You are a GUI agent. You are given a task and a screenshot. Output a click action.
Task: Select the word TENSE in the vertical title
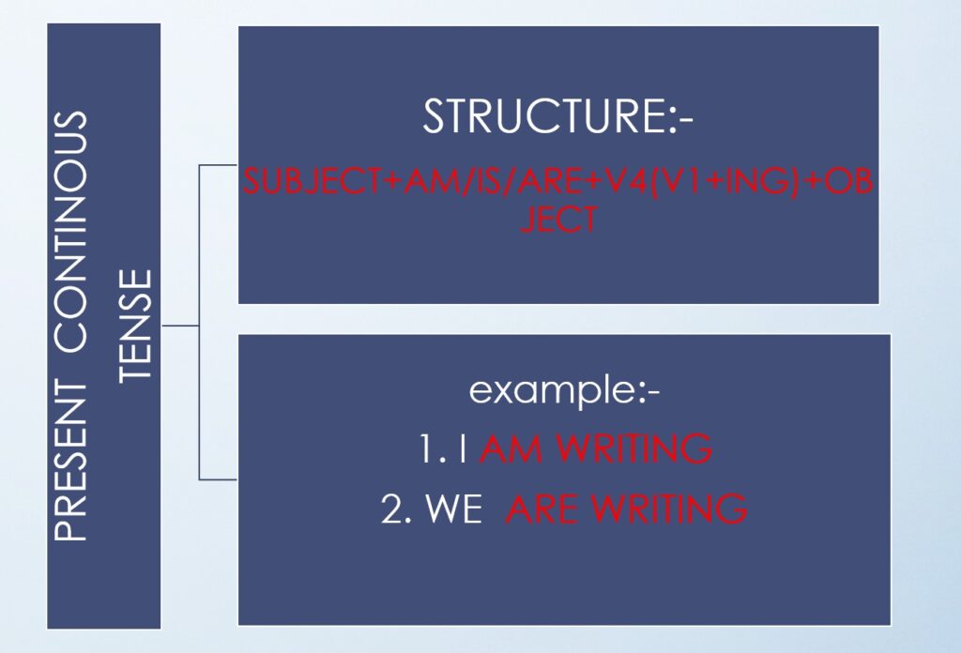[x=134, y=326]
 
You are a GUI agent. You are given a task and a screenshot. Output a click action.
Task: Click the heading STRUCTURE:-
[x=557, y=115]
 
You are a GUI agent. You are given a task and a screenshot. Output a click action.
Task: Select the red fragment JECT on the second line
[x=558, y=220]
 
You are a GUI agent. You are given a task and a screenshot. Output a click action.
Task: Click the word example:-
[x=564, y=390]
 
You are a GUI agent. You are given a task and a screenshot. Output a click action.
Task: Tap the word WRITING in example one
[x=635, y=448]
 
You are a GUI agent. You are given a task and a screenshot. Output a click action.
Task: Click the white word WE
[x=454, y=509]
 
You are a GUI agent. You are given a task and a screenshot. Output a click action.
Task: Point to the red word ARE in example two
[x=542, y=509]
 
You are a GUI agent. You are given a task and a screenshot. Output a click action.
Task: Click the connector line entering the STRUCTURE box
[x=218, y=165]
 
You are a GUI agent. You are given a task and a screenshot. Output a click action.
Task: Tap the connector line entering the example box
[x=218, y=479]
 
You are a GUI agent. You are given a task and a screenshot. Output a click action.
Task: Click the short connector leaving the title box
[x=180, y=326]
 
